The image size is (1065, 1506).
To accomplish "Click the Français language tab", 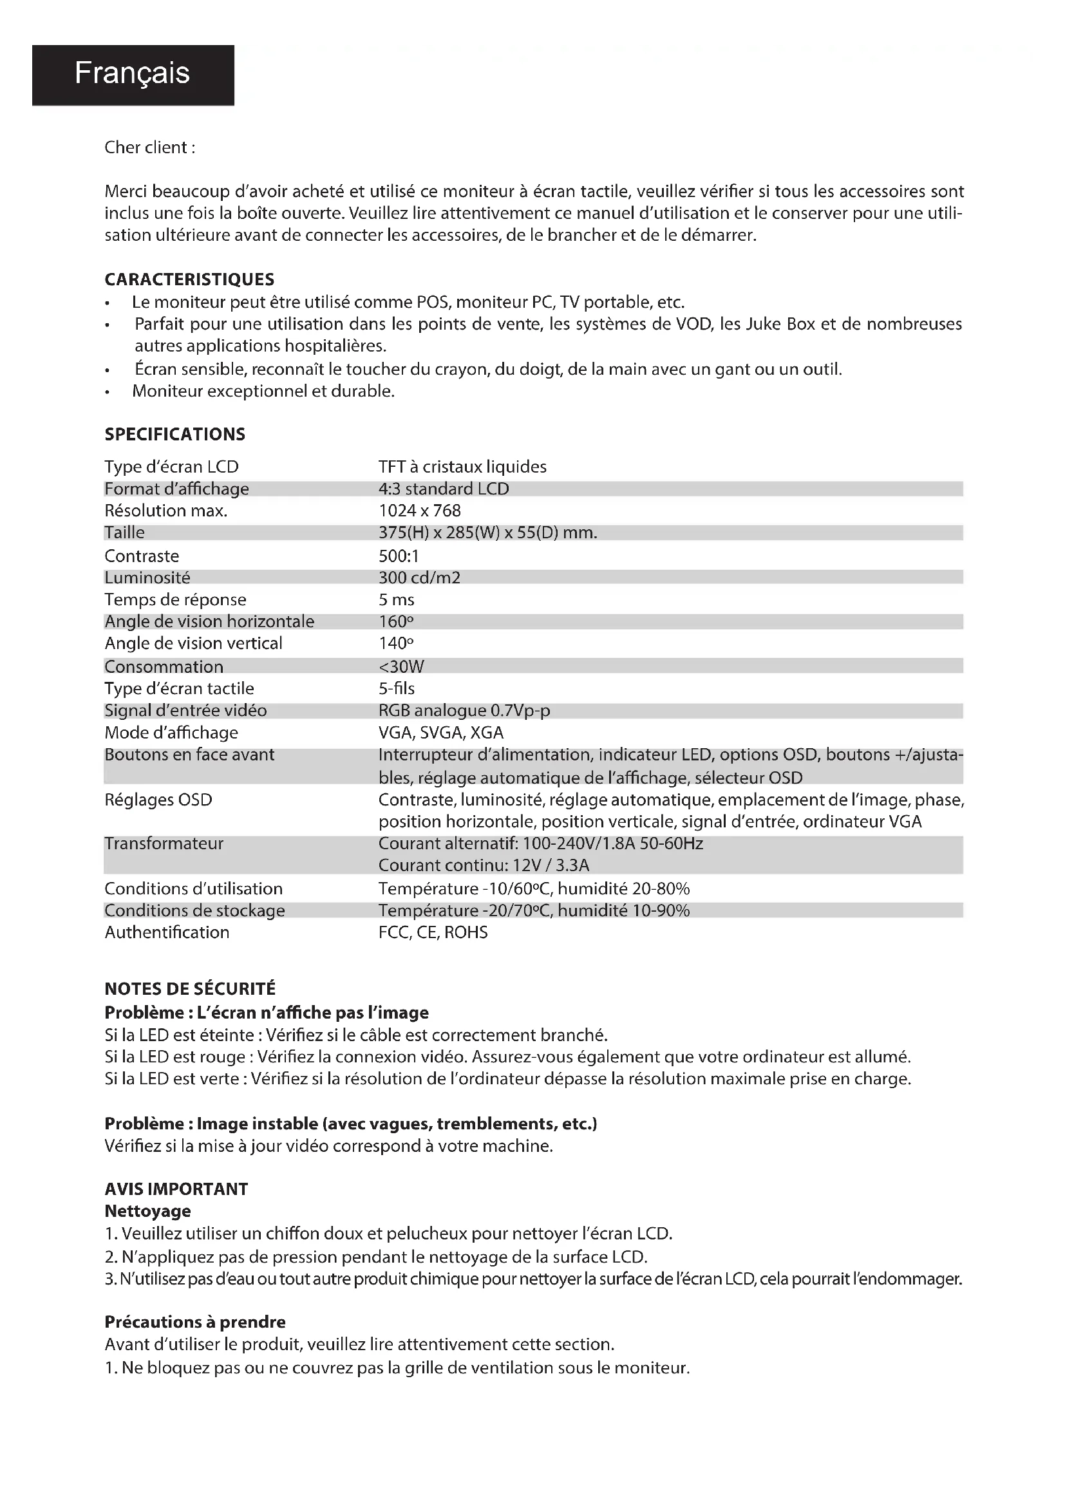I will (x=132, y=73).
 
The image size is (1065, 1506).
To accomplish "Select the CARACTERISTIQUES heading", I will (x=189, y=279).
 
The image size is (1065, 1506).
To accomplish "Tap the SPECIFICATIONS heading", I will (x=174, y=434).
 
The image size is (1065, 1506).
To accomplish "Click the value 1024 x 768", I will (x=420, y=511).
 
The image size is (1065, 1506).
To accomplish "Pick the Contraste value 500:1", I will (x=398, y=556).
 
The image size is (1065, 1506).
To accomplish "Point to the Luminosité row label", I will (x=147, y=578).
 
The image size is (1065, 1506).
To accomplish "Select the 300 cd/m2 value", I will (x=419, y=578).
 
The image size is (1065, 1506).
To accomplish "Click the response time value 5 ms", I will (x=396, y=599).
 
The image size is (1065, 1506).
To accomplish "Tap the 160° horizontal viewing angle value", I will (x=395, y=621).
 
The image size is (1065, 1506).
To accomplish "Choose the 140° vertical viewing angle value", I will (x=395, y=643).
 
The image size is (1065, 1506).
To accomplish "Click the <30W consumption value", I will (x=401, y=666).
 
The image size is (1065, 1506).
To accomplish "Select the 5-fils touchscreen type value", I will (x=396, y=689).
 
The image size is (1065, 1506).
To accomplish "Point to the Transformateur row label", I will (x=164, y=843).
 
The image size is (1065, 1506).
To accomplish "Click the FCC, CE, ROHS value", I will (x=433, y=932).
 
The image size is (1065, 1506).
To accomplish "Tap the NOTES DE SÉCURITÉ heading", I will (x=190, y=989).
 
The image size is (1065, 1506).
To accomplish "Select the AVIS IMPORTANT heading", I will (x=176, y=1189).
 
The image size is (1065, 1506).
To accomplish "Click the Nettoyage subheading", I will (x=147, y=1211).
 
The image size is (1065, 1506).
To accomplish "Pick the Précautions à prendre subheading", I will (x=194, y=1322).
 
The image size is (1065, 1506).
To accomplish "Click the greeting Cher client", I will (x=149, y=147).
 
